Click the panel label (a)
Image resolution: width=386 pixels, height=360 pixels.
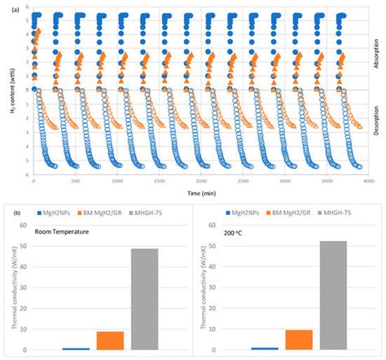[x=7, y=8]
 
